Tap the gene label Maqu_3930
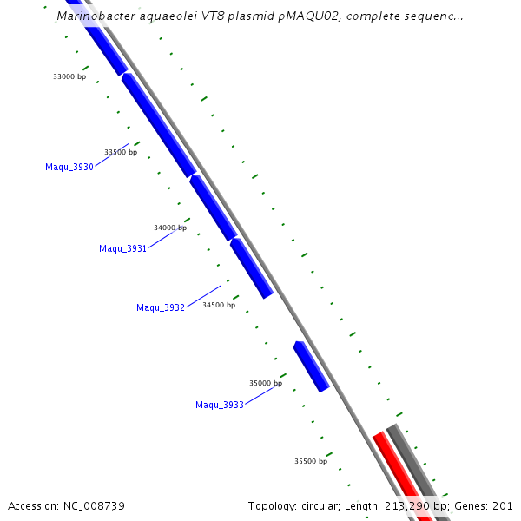69,167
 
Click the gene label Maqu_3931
122,248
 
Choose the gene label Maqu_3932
161,307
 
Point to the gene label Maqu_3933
220,405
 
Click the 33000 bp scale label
69,76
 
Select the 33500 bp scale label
121,152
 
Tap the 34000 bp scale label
170,228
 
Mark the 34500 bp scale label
219,305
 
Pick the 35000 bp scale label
266,382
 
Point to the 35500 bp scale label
311,461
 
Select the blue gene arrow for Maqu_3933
312,366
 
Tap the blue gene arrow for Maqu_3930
159,125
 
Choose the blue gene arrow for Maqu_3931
213,208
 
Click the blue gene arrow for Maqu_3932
252,268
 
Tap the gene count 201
503,505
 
